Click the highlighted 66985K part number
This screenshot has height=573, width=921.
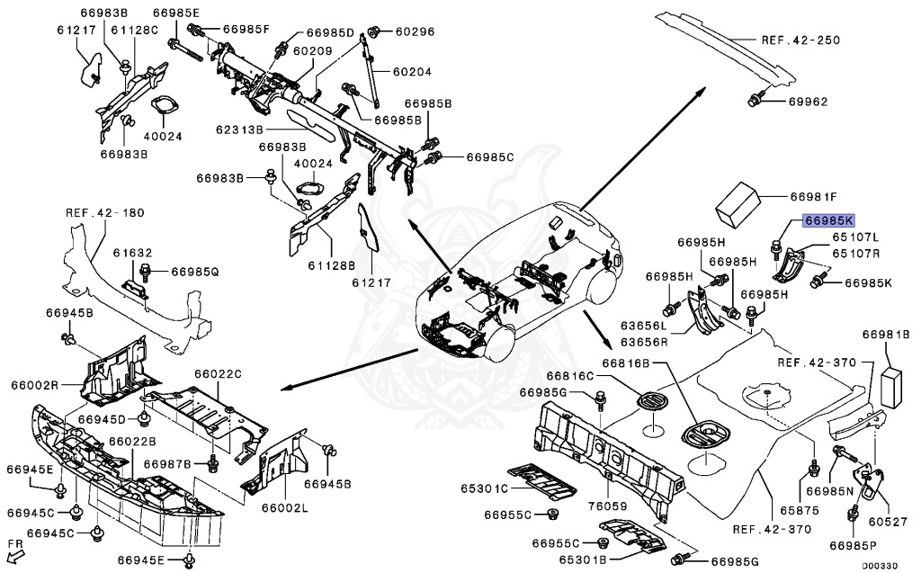pyautogui.click(x=830, y=219)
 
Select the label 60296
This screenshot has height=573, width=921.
pyautogui.click(x=415, y=31)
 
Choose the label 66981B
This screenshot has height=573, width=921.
pyautogui.click(x=887, y=334)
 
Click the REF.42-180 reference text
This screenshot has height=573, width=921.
pyautogui.click(x=104, y=213)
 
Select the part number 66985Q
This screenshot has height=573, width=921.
pyautogui.click(x=195, y=270)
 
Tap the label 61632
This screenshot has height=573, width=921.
pyautogui.click(x=131, y=255)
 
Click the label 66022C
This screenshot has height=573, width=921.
pyautogui.click(x=219, y=373)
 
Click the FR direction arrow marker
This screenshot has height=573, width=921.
pyautogui.click(x=15, y=550)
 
